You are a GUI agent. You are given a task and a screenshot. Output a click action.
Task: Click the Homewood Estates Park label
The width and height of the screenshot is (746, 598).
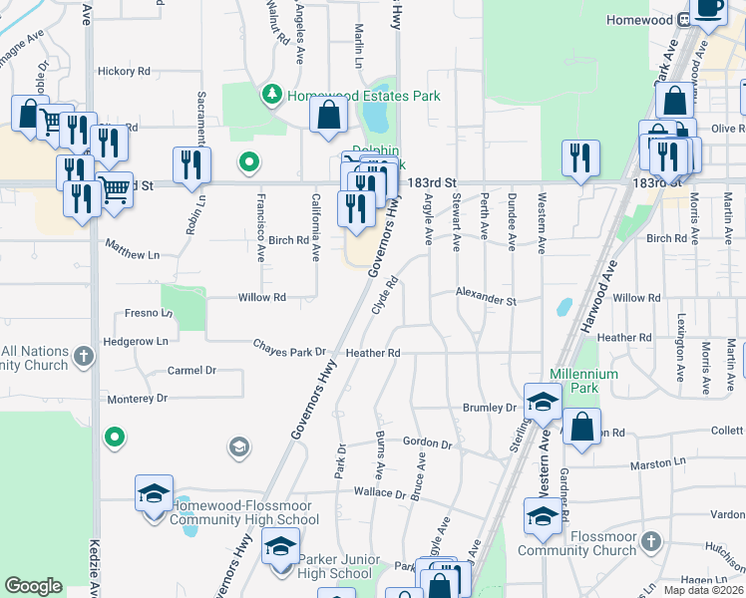[x=363, y=97]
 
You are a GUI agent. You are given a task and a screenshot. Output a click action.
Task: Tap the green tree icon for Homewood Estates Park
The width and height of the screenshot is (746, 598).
[x=270, y=95]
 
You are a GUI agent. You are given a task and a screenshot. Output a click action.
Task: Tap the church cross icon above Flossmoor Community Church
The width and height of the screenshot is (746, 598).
[x=650, y=541]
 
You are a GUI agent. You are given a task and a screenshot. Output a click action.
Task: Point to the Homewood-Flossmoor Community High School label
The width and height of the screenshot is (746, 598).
[x=243, y=512]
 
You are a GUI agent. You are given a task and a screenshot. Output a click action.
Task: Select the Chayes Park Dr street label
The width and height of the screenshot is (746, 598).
[x=289, y=352]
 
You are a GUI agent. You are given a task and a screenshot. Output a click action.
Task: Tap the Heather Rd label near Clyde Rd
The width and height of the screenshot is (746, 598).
[x=373, y=353]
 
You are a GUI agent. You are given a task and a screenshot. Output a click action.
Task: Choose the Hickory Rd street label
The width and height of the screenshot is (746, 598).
[x=124, y=72]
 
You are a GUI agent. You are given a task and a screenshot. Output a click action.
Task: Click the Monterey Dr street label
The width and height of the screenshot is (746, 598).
[x=138, y=399]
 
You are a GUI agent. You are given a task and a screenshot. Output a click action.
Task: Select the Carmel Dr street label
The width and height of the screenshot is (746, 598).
[x=191, y=371]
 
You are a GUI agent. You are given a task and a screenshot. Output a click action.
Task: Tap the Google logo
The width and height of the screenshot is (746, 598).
[x=34, y=586]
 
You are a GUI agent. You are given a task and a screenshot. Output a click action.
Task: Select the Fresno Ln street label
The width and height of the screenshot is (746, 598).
[x=149, y=313]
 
